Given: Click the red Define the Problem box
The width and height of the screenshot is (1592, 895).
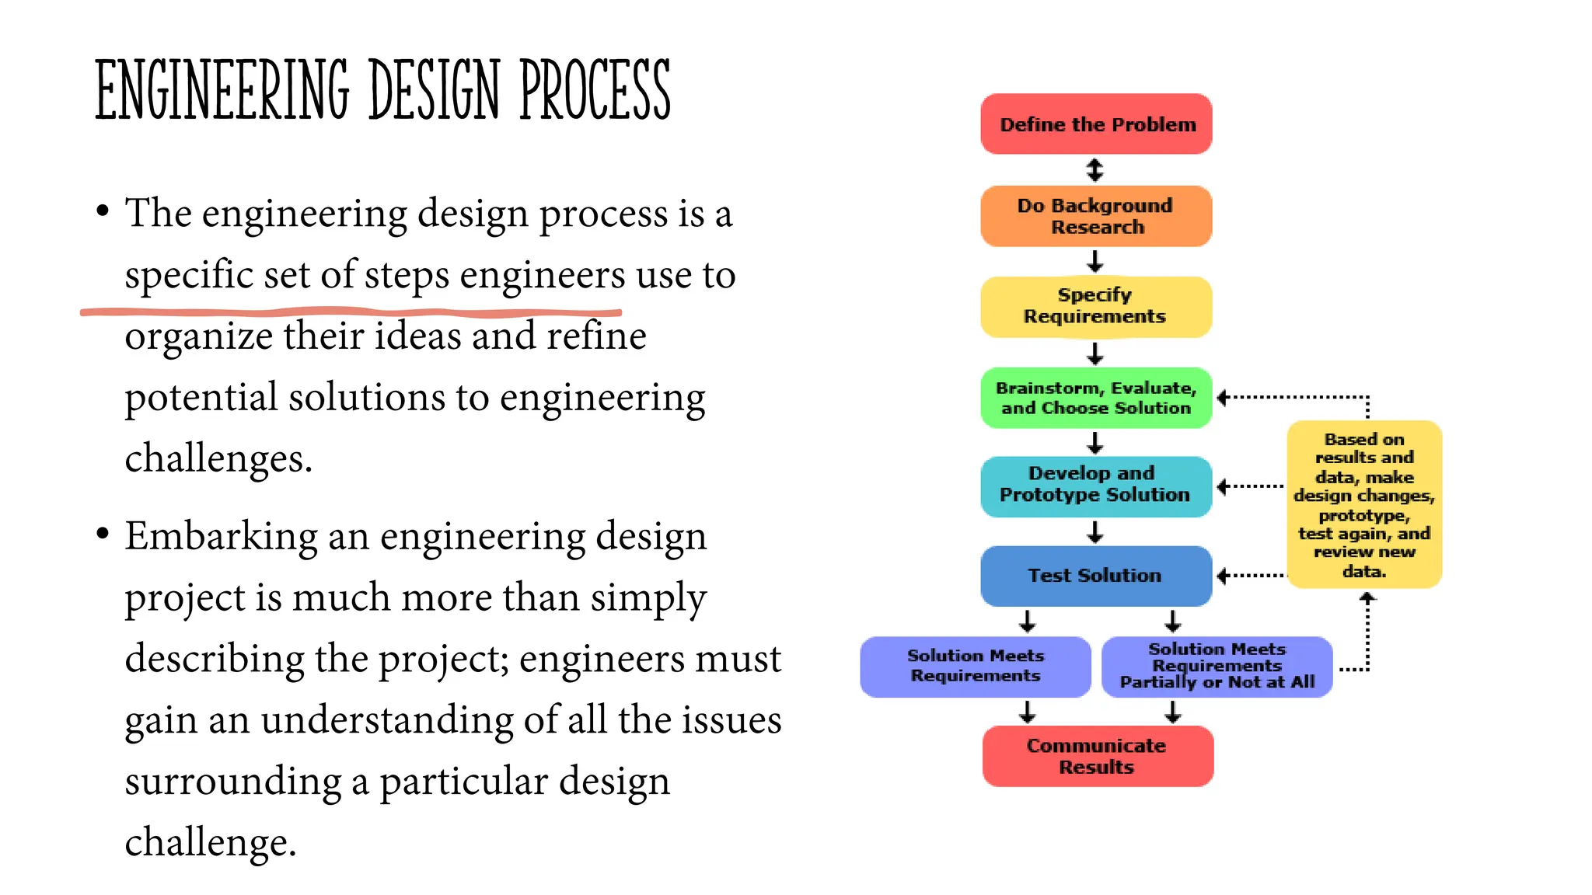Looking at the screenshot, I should pos(1096,124).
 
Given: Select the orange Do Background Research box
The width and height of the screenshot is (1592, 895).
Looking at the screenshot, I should pos(1096,216).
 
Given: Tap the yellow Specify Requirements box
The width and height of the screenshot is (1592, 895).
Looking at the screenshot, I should pos(1096,306).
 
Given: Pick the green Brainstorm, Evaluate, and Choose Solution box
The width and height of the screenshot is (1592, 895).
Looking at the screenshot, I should pos(1096,398).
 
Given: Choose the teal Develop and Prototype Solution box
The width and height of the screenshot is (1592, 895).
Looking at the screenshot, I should pos(1096,486).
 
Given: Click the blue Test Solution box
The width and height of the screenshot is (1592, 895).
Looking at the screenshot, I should pos(1096,576).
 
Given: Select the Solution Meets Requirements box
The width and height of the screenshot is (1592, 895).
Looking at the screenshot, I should pos(976,667).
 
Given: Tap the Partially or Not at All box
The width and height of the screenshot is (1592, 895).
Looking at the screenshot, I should pos(1217,667).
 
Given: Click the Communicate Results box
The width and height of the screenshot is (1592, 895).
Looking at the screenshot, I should pos(1098,756).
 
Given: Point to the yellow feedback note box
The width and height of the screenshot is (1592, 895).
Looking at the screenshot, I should pos(1364,505).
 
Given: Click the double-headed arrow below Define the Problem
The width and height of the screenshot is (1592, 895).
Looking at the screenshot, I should pos(1095,169).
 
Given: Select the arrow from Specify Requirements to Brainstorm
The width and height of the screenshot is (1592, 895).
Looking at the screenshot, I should pos(1095,353).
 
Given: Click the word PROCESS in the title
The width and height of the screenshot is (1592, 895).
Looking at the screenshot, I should pos(595,91).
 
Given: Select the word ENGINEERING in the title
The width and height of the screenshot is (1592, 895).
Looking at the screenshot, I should pos(222,91).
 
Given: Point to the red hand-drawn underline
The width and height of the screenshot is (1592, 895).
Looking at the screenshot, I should pos(350,312).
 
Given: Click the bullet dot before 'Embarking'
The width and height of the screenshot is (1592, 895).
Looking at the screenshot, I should pos(103,535).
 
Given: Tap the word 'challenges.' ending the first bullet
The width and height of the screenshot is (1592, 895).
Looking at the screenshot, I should pos(218,458).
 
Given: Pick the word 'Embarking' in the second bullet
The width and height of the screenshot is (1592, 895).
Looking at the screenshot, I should pos(221,537).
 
